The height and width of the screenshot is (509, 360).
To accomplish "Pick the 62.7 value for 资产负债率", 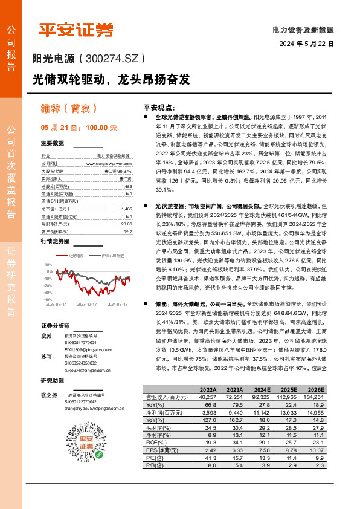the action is (x=127, y=232).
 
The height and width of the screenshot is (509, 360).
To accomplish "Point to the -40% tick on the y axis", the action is (x=49, y=299).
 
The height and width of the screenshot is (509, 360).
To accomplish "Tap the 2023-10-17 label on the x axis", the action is (x=88, y=305).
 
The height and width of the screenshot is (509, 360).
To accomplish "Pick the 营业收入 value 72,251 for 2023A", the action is (x=234, y=397).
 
